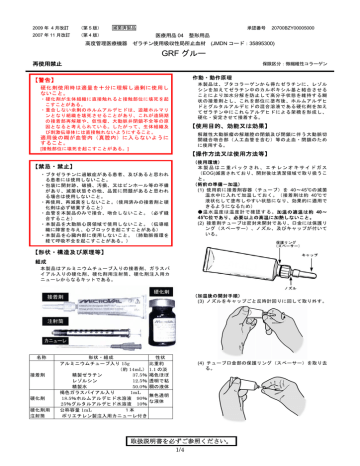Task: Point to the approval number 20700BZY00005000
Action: coord(305,15)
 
